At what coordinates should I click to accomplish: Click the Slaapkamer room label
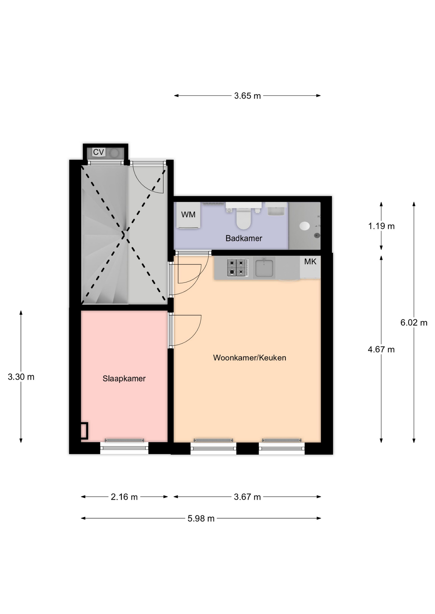(x=124, y=378)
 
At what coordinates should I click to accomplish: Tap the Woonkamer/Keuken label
(x=250, y=358)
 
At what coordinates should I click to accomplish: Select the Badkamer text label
(x=244, y=238)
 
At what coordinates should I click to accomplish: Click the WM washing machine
(x=188, y=215)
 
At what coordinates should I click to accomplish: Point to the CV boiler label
(x=98, y=152)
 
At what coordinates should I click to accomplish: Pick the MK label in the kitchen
(x=310, y=262)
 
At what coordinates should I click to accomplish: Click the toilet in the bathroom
(x=244, y=218)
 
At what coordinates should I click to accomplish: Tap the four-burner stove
(x=237, y=267)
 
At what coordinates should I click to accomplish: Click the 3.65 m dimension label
(x=247, y=96)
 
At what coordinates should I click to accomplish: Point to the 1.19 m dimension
(x=381, y=226)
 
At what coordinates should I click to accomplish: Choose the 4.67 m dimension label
(x=381, y=349)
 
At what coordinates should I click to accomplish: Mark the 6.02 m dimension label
(x=414, y=322)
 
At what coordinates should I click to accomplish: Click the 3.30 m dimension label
(x=21, y=377)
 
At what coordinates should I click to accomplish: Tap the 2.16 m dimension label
(x=124, y=497)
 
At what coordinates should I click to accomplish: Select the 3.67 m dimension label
(x=247, y=497)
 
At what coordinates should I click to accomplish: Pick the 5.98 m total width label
(x=201, y=518)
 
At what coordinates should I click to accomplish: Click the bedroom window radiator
(x=124, y=440)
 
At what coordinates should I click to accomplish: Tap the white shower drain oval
(x=304, y=226)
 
